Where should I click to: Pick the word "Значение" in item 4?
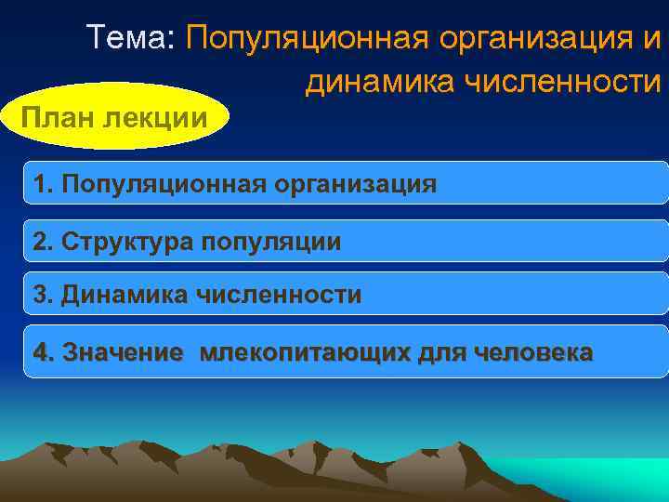(x=122, y=353)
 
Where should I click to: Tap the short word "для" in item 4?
(x=444, y=354)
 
